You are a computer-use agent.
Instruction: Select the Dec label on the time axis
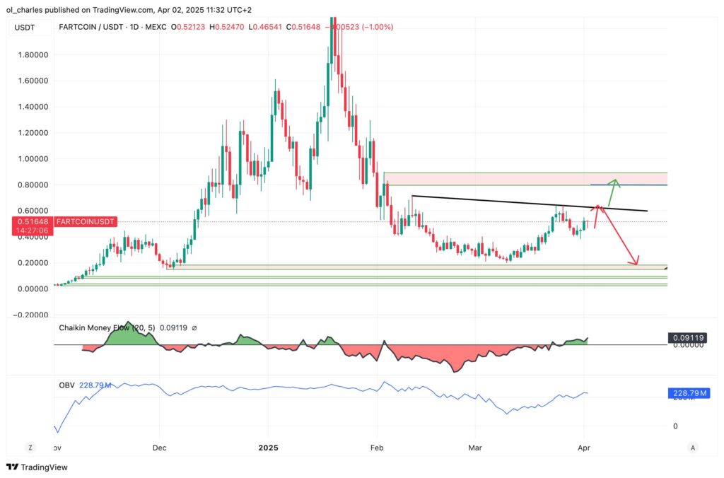point(159,448)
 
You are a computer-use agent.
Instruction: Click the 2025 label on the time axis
point(269,448)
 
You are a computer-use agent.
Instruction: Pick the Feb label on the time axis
point(377,448)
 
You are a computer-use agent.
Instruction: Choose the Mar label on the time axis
point(475,448)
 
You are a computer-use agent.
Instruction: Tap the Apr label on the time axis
point(585,448)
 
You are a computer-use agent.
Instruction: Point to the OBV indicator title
point(66,385)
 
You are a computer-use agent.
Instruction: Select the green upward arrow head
point(616,182)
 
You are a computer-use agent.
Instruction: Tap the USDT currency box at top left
point(24,27)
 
